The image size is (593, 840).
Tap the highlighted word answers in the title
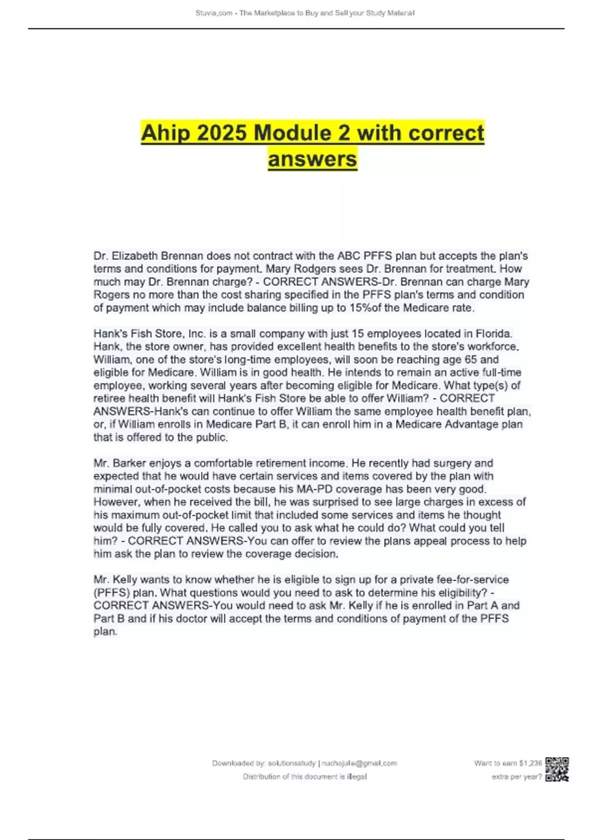point(312,159)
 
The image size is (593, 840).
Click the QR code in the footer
point(557,769)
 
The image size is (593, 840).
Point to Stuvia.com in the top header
point(213,13)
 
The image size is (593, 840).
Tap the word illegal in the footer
point(357,777)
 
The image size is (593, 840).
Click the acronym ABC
point(349,256)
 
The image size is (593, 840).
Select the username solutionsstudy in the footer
point(292,763)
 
